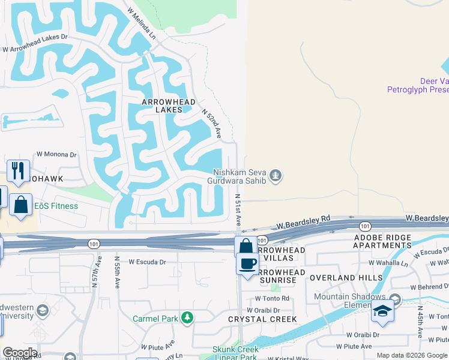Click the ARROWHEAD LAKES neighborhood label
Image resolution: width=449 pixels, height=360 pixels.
(169, 106)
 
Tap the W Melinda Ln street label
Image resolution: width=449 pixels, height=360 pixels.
(142, 24)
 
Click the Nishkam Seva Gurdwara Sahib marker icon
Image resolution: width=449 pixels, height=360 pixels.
(276, 175)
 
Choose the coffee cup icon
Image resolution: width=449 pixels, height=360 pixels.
(247, 264)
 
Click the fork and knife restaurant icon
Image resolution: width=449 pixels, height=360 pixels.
(18, 170)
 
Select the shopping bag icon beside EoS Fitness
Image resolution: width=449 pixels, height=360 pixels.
(20, 205)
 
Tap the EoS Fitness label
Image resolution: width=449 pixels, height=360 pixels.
(56, 206)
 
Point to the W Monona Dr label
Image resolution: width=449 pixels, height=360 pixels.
(57, 154)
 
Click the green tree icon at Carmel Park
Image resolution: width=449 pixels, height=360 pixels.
(188, 317)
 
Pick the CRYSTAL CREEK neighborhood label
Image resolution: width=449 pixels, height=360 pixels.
(262, 319)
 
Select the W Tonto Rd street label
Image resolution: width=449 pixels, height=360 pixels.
(272, 298)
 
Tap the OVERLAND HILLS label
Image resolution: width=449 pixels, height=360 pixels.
(346, 278)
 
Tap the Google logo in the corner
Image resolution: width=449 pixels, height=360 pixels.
(20, 353)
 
